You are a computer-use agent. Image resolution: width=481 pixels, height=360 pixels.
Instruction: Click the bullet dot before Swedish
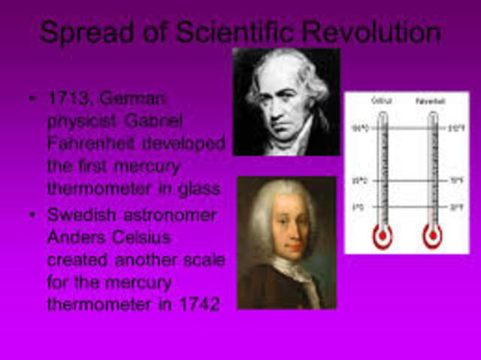31,216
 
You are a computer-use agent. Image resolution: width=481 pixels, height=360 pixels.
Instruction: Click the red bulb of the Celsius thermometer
383,237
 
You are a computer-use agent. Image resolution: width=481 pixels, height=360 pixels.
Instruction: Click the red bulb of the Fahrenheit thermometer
432,237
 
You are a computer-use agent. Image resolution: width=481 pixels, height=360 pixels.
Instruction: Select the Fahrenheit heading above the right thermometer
431,99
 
